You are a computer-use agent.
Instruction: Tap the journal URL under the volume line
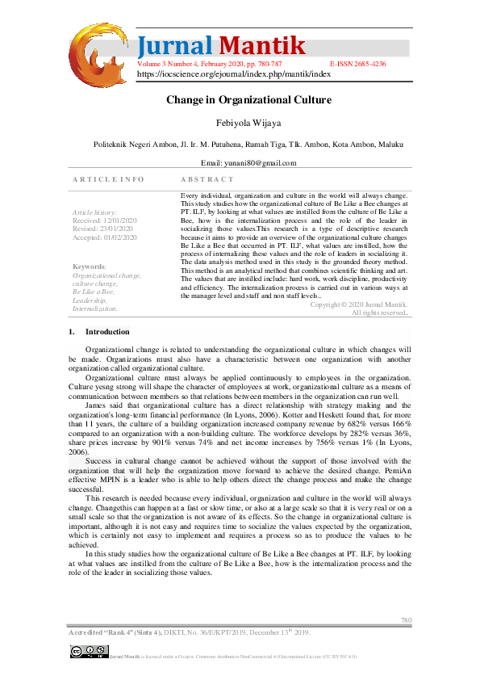point(234,73)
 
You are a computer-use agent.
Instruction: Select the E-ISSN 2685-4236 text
point(357,62)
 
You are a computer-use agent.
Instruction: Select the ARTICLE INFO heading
point(108,178)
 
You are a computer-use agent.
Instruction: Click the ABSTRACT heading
point(207,178)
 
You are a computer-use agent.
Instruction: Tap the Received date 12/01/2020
point(105,220)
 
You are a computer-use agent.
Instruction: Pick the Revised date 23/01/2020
point(102,229)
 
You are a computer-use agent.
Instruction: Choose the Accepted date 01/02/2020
point(105,237)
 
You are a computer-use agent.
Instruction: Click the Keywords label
point(89,267)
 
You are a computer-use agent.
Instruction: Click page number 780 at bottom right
point(407,619)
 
